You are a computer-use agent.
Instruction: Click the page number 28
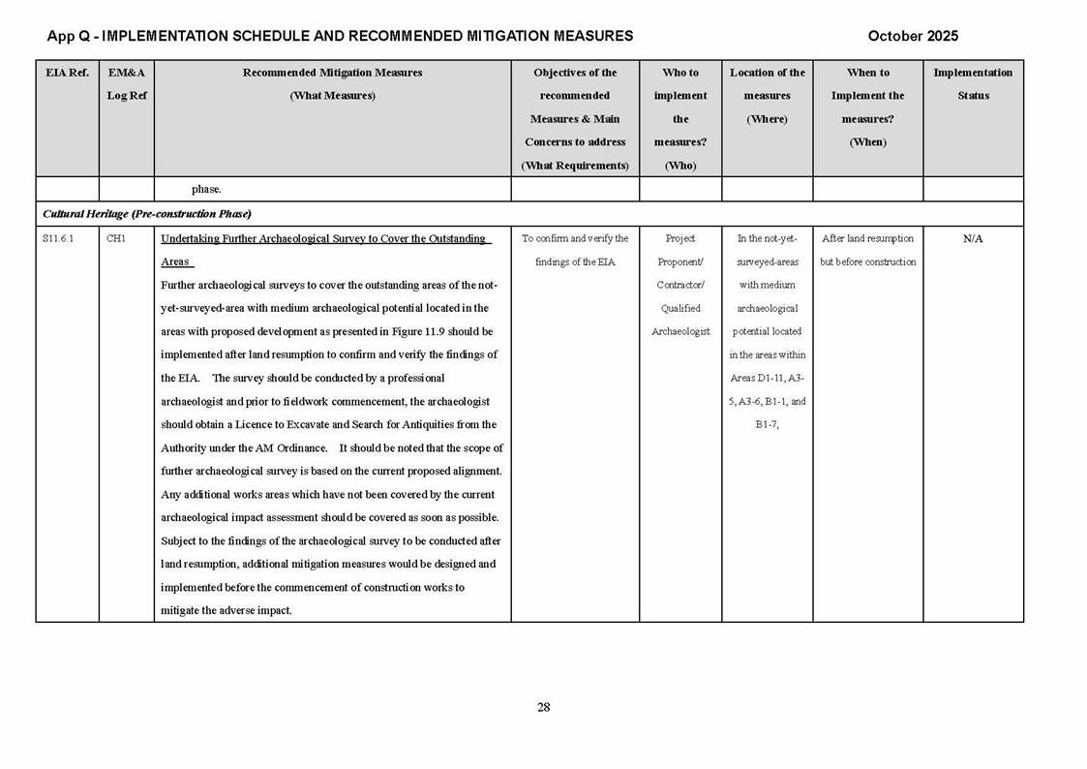tap(543, 707)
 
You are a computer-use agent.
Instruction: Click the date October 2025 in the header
tap(912, 36)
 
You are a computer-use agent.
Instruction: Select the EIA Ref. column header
tap(67, 73)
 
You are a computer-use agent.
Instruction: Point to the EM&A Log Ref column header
tap(126, 84)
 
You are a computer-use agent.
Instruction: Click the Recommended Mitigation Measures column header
tap(332, 84)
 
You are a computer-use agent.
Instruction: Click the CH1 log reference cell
tap(115, 239)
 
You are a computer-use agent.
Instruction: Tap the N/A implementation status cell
tap(973, 239)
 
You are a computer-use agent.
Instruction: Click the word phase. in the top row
tap(206, 190)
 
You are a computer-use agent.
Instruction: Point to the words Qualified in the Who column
tap(679, 309)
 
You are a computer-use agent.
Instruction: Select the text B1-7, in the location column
tap(767, 425)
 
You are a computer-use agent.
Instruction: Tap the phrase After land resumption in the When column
tap(867, 239)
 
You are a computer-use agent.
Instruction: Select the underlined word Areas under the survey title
tap(175, 262)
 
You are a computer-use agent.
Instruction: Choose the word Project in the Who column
tap(679, 239)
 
